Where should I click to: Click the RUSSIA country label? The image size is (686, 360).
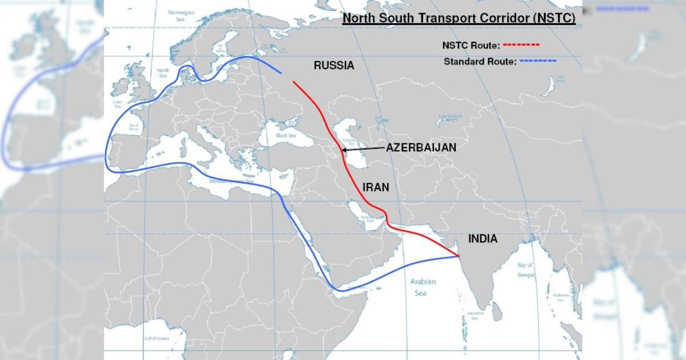coord(334,65)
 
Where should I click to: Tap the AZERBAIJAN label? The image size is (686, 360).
coord(421,147)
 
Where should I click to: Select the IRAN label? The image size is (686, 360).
coord(376,187)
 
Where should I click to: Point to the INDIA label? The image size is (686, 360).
coord(482,239)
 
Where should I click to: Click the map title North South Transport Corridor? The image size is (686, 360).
coord(458,19)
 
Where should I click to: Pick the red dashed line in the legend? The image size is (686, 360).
coord(521,44)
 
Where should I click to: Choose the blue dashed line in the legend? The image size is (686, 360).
coord(537,61)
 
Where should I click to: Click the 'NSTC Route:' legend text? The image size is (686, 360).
coord(471,45)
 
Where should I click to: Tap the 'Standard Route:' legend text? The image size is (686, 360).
coord(479,61)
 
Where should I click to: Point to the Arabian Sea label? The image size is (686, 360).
coord(422,287)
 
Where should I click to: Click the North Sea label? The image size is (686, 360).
coord(163,73)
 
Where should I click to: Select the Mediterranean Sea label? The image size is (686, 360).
coord(232,181)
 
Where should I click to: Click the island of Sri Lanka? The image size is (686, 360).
coord(497,311)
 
